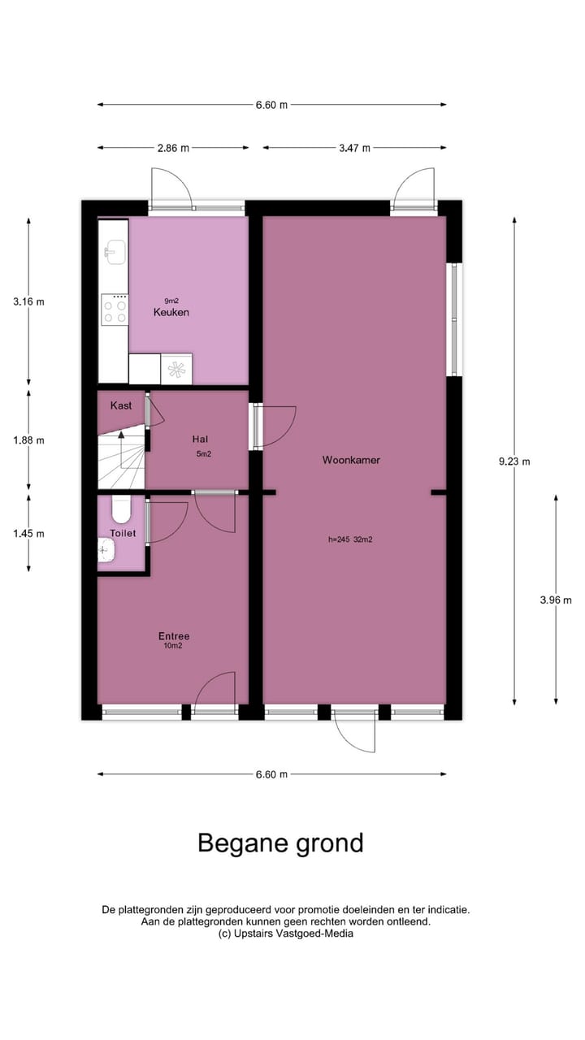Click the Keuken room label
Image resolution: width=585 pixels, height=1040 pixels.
click(x=171, y=312)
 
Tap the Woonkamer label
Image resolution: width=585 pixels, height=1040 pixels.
click(x=351, y=460)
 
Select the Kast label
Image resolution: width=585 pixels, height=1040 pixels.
click(x=121, y=405)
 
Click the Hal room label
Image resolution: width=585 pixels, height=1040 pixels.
click(x=199, y=439)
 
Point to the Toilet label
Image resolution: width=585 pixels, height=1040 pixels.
click(x=123, y=533)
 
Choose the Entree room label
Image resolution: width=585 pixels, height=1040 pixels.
click(x=174, y=636)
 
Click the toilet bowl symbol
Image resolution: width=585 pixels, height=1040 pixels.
click(x=121, y=509)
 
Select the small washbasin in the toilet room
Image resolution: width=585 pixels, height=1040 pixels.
click(x=106, y=553)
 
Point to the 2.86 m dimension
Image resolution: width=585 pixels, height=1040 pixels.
click(x=172, y=148)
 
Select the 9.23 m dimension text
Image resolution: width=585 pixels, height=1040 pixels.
click(x=513, y=461)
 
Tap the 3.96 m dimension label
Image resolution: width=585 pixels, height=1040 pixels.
click(x=556, y=600)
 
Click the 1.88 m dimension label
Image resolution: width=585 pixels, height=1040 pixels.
click(x=28, y=440)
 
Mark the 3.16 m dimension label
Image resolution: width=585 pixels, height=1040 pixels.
click(x=28, y=301)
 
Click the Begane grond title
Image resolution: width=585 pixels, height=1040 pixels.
click(x=280, y=843)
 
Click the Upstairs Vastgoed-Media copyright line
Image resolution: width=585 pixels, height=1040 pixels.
click(x=286, y=934)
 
